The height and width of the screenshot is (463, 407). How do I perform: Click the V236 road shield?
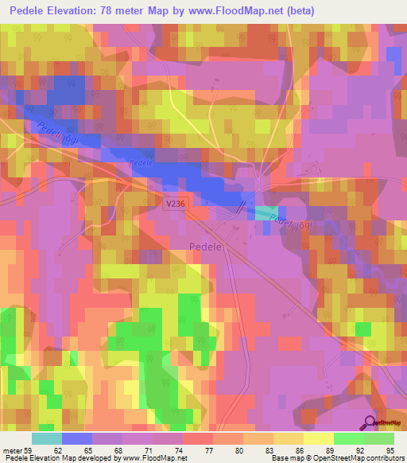tap(176, 205)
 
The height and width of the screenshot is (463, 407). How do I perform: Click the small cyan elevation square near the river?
tap(266, 213)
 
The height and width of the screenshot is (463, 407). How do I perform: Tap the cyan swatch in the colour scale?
tap(47, 438)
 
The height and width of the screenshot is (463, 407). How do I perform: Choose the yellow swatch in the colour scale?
tap(319, 438)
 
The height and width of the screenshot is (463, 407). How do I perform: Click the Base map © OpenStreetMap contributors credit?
tap(336, 458)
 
